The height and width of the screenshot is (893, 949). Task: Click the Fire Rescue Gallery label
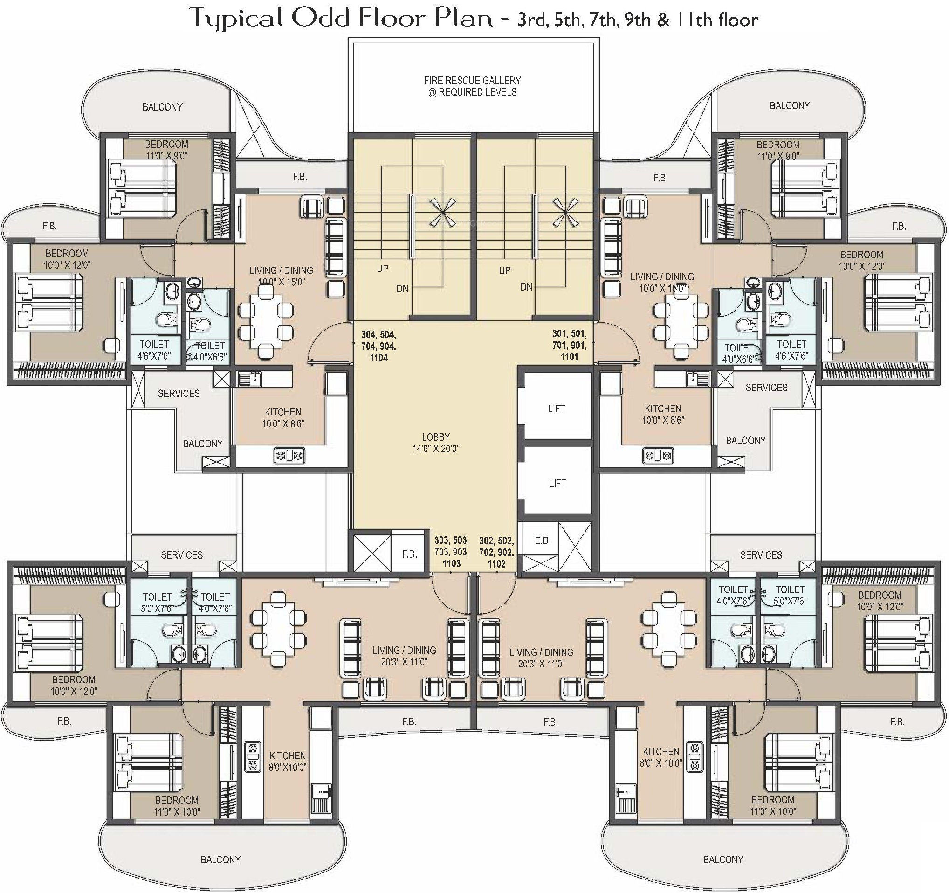(472, 86)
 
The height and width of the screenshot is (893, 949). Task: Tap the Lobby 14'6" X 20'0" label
(435, 443)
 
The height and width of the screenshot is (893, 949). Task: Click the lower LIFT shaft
(557, 483)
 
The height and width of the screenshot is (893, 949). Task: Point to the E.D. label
(543, 540)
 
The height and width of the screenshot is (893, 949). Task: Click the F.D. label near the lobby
(410, 554)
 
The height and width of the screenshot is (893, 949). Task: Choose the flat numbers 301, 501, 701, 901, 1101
(570, 345)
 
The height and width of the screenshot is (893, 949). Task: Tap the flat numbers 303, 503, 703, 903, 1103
(451, 552)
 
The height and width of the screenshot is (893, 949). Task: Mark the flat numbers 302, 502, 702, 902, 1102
(496, 552)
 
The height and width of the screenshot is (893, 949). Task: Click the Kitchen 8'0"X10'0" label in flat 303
(288, 761)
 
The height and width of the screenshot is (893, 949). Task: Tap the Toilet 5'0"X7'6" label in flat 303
(157, 602)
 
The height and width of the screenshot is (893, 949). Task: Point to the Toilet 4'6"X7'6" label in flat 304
(154, 350)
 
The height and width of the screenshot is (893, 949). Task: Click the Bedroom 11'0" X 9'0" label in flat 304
(166, 150)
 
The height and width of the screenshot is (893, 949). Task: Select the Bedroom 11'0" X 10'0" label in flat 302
(773, 805)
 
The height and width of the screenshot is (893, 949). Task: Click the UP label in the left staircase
(382, 269)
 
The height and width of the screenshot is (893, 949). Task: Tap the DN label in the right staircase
(526, 287)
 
